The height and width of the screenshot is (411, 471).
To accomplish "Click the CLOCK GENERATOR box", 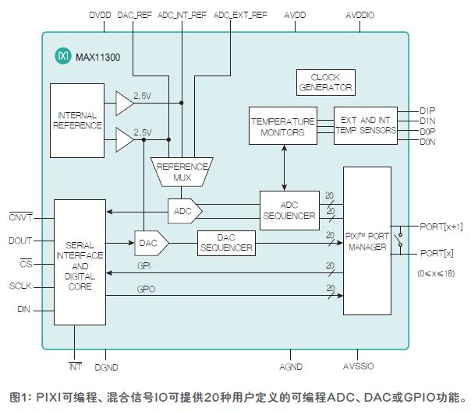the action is coord(326,83).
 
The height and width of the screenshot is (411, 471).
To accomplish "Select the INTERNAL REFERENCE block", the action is coord(77,121).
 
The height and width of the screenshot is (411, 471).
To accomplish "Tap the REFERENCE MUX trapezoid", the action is coord(182,172).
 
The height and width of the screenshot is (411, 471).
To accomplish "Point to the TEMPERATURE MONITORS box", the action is coord(282,125).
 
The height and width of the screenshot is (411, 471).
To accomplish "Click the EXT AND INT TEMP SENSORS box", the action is coord(366,125).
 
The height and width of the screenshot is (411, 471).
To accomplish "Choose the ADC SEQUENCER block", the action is coord(289,210).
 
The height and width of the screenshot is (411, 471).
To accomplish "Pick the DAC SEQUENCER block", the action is coord(226,243).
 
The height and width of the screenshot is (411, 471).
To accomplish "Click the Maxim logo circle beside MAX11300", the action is coord(63,56).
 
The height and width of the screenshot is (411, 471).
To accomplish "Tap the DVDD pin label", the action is coord(100,15).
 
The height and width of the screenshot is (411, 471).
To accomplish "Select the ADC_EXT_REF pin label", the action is coord(240,15).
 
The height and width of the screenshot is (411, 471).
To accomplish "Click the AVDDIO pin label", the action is coord(359,15).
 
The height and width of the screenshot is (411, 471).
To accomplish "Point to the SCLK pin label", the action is coord(20,286).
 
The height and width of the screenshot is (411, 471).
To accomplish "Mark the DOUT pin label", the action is coord(20,241).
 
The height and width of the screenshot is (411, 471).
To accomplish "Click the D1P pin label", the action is coord(427,111).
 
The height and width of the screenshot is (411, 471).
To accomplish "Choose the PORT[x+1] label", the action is coord(441,227).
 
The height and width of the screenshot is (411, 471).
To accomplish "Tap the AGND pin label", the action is coord(291,367).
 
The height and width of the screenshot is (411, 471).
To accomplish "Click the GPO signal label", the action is coord(146,289).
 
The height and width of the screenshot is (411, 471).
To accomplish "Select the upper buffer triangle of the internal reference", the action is coord(125,103).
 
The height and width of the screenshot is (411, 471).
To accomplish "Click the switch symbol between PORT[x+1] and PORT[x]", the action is coord(399,240).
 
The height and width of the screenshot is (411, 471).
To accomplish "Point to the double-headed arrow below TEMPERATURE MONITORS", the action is coord(284,167).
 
